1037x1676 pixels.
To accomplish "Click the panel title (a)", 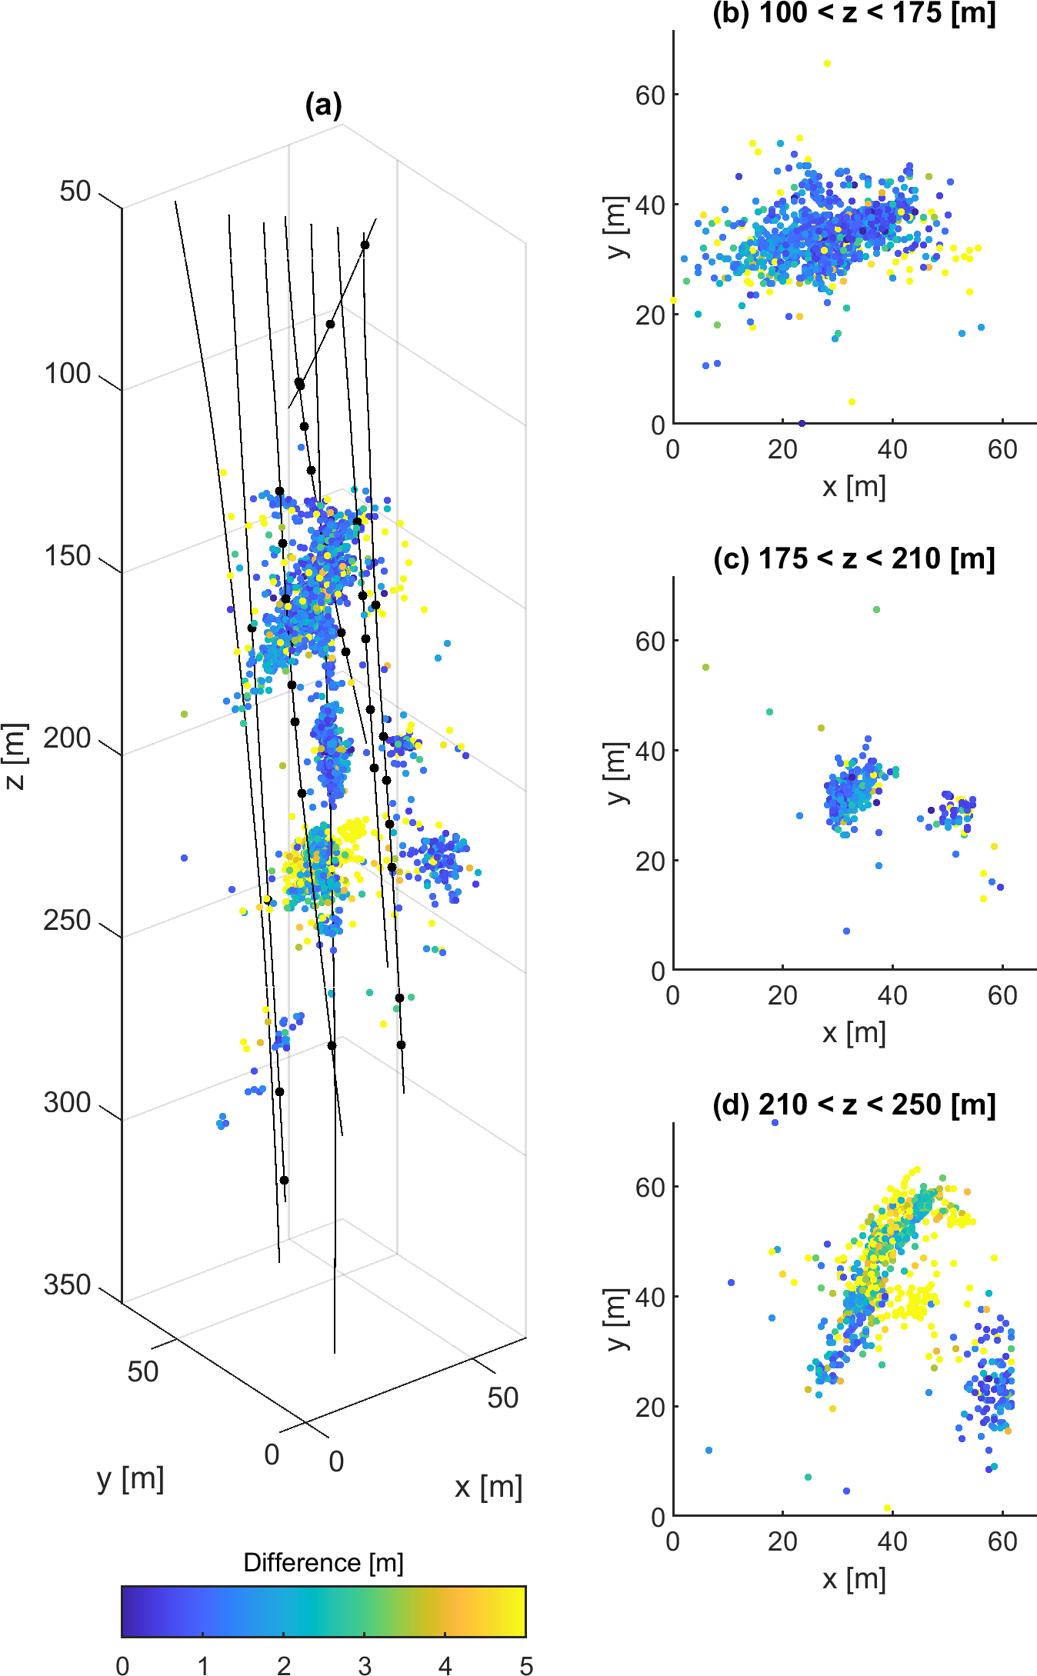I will [x=323, y=105].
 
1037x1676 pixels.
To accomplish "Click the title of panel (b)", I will [x=854, y=13].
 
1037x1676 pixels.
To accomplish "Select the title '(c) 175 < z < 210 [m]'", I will [x=854, y=558].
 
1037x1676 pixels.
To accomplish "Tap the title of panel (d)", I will [x=854, y=1105].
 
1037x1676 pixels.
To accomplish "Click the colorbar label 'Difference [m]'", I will [x=323, y=1562].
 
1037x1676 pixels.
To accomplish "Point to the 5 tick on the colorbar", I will [x=526, y=1665].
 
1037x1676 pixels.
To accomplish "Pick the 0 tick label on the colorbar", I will [x=122, y=1665].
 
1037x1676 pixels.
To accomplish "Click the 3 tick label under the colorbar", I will [x=365, y=1665].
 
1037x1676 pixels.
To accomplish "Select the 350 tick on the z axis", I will [x=68, y=1284].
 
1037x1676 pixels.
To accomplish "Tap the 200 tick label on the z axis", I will [x=68, y=738].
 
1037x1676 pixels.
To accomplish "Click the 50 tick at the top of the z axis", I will [x=75, y=192].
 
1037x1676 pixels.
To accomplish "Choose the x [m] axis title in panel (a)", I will [x=488, y=1487].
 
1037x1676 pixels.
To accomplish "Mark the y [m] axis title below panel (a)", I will [x=131, y=1478].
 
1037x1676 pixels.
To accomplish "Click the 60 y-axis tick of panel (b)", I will [x=650, y=95].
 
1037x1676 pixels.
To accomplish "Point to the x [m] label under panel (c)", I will [x=854, y=1032].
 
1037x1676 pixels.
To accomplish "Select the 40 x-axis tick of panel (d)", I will [x=892, y=1541].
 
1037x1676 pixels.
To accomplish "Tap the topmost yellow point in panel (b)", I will [x=827, y=64].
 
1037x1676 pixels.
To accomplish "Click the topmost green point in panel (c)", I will [x=876, y=610].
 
